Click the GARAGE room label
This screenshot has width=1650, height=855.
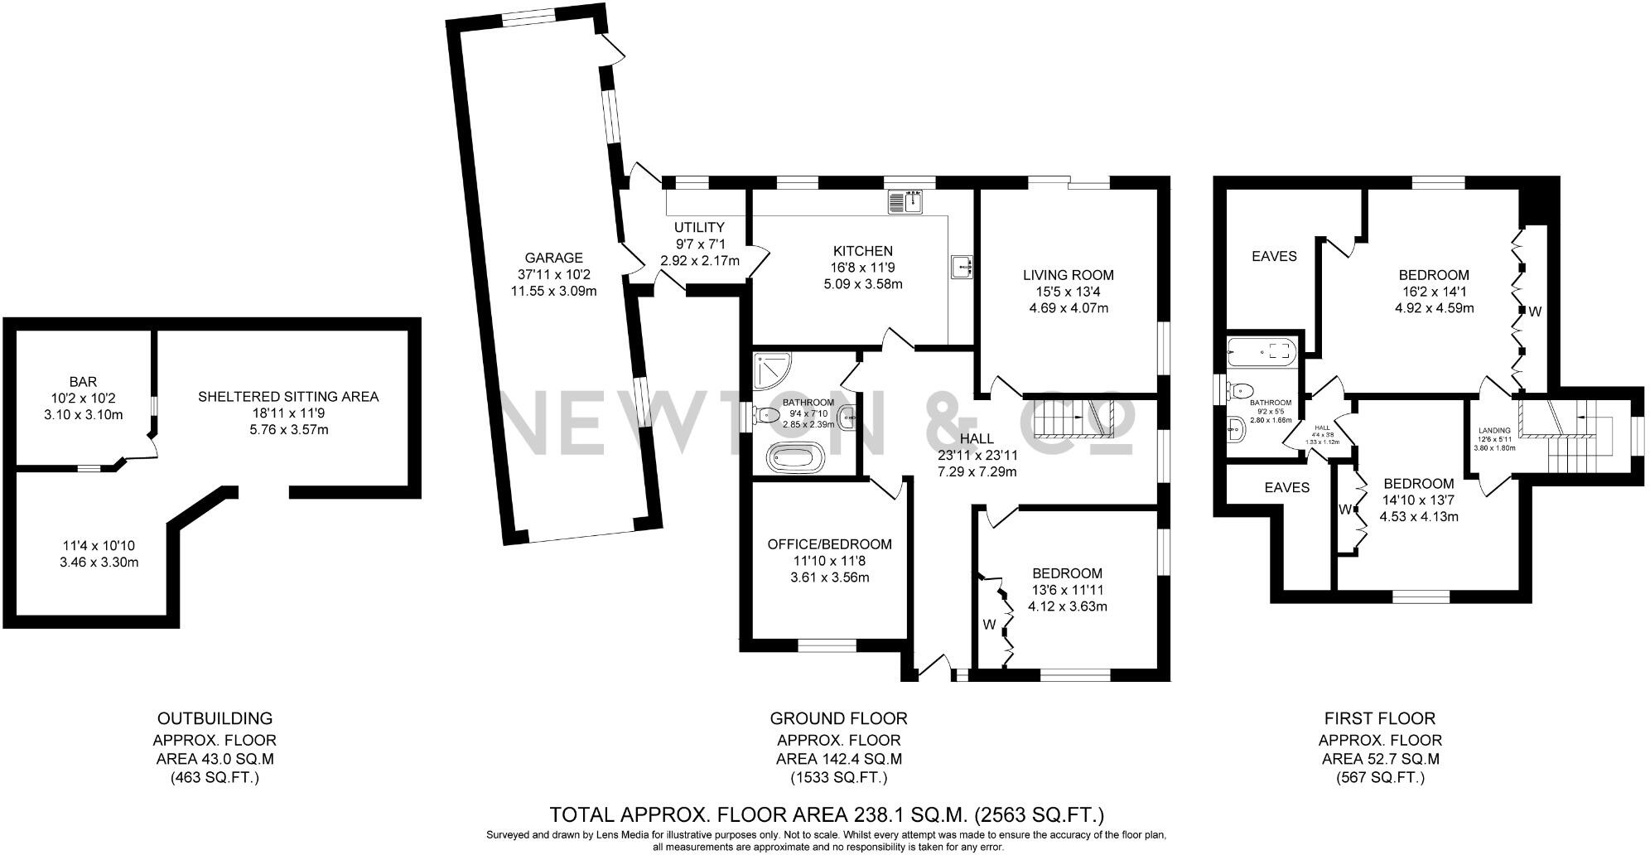point(553,258)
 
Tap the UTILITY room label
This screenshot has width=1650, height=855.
point(699,227)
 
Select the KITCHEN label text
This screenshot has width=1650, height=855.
point(863,251)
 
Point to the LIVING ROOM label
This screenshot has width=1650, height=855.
point(1068,275)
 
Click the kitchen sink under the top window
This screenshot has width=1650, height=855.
point(906,200)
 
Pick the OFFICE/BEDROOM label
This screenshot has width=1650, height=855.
point(829,544)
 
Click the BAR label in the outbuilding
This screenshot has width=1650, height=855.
point(83,382)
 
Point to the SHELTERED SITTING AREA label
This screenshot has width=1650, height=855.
point(288,397)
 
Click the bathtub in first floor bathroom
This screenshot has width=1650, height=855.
point(1260,351)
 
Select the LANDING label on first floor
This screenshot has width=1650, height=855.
point(1494,431)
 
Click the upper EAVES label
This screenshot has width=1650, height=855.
point(1274,256)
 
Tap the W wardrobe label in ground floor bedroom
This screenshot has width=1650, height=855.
point(989,625)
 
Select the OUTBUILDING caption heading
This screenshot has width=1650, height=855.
point(215,718)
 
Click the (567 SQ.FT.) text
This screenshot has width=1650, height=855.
point(1380,777)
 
